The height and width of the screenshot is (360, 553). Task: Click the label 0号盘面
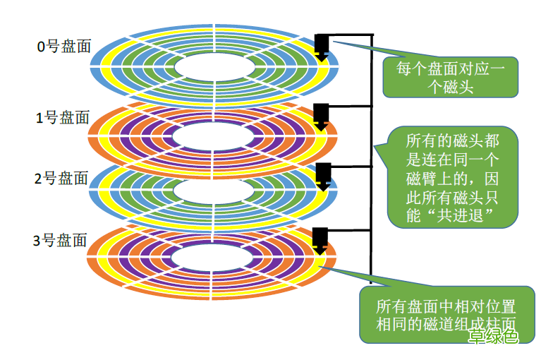64,47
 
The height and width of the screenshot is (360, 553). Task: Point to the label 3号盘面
61,241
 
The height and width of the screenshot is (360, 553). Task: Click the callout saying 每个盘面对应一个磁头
449,77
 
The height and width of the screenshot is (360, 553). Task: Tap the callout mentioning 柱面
444,316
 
